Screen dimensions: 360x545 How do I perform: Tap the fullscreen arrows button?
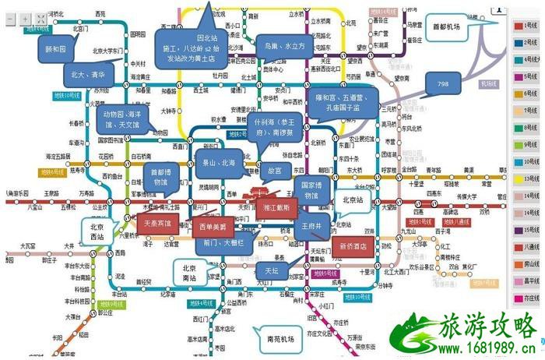tap(41, 17)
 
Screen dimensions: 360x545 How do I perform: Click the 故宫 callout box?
tap(275, 169)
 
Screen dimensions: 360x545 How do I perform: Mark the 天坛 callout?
tap(269, 269)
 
